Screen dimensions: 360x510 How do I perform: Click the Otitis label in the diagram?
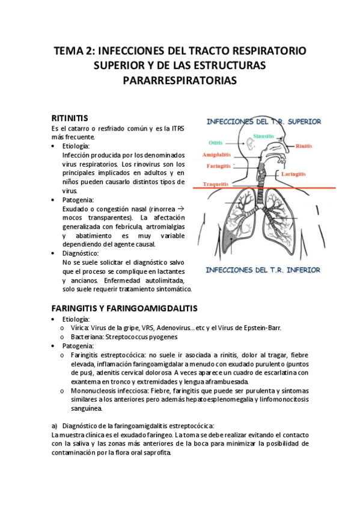point(216,143)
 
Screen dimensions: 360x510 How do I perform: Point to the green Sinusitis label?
point(264,137)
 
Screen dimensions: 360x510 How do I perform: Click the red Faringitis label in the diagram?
point(216,165)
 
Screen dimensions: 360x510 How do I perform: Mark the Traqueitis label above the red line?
point(215,184)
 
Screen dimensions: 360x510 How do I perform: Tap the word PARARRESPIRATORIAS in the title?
point(180,80)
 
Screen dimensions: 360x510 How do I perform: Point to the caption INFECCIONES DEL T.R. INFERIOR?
point(263,270)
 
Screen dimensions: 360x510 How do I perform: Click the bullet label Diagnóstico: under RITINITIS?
point(85,253)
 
